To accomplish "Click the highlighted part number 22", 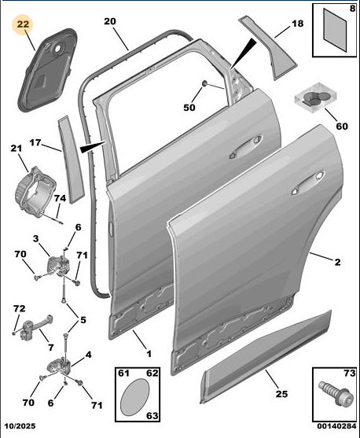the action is [23, 24].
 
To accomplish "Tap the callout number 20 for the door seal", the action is [110, 21].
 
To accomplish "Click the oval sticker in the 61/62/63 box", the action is [134, 396].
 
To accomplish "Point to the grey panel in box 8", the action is [335, 30].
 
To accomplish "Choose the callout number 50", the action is [189, 108].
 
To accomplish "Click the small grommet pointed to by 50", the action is [204, 83].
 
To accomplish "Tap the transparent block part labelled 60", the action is [315, 98].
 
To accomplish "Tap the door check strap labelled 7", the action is [35, 326].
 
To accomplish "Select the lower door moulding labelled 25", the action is [266, 357].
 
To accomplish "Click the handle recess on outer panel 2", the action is [308, 182].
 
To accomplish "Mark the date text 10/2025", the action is [19, 426].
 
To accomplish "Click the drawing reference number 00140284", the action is [336, 426].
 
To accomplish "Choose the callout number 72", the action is [20, 309].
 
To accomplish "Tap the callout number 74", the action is [60, 198].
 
